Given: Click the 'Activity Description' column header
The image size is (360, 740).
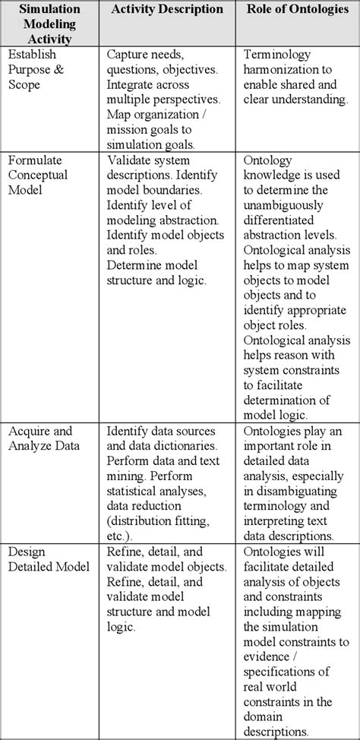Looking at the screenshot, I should point(167,10).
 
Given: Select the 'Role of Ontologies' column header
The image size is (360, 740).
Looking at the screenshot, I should point(297,10).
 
